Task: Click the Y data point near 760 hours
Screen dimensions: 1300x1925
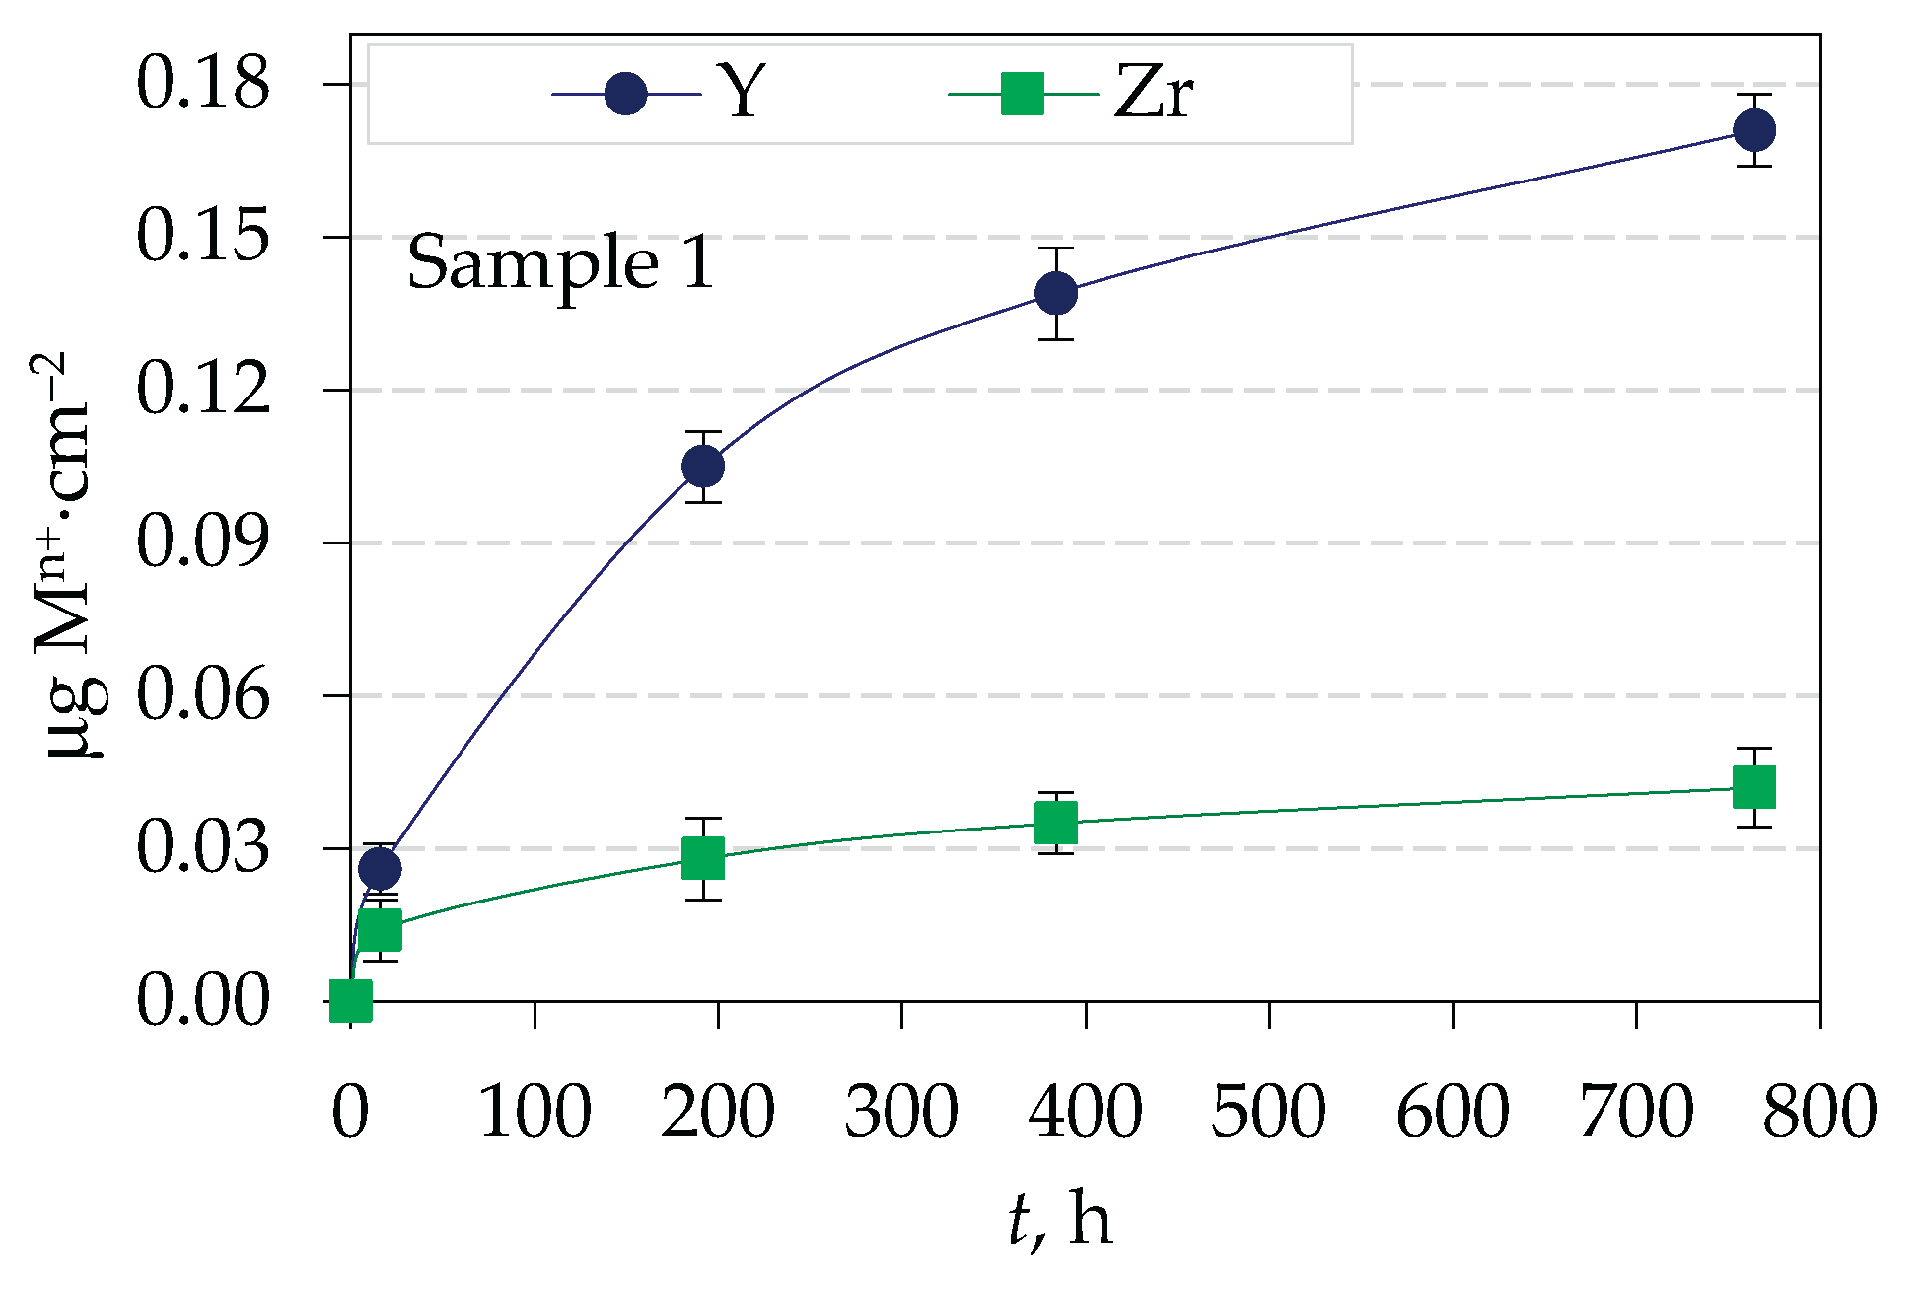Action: click(1754, 130)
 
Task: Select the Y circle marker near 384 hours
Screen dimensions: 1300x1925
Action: click(1056, 293)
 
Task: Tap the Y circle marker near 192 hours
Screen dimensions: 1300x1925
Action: click(703, 466)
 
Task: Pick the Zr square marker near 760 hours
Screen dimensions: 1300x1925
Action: click(1754, 787)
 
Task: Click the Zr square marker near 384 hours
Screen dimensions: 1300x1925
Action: click(1056, 822)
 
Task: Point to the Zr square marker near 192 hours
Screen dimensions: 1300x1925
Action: click(703, 858)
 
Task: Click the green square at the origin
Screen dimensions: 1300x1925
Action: click(350, 1000)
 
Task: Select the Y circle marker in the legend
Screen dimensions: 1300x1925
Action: click(626, 95)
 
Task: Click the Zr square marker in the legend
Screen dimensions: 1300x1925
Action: click(1023, 95)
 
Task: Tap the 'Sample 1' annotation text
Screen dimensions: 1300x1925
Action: click(560, 263)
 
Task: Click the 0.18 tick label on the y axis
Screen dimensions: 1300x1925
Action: click(202, 84)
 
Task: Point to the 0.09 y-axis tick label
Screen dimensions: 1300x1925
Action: click(202, 542)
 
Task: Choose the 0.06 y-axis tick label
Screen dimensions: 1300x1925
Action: click(202, 695)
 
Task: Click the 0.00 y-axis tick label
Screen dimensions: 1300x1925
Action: click(202, 1001)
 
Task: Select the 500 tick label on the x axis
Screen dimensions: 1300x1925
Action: click(1269, 1112)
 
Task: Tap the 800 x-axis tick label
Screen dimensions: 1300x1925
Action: click(1819, 1112)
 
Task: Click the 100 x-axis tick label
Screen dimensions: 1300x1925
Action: click(535, 1112)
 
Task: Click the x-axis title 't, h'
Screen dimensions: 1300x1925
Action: click(1060, 1220)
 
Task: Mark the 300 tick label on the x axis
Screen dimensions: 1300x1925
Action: click(901, 1112)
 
